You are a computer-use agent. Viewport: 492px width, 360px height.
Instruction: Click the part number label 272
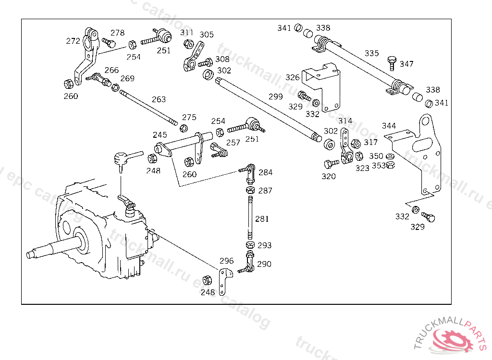pos(73,41)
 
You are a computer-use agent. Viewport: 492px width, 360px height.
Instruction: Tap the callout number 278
pos(117,33)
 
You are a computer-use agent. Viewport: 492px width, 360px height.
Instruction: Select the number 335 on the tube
pos(371,53)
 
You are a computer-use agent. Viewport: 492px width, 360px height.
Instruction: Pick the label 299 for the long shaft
pos(276,96)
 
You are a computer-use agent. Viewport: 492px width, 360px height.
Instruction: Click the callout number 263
pos(159,99)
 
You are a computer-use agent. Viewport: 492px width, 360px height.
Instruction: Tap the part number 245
pos(160,135)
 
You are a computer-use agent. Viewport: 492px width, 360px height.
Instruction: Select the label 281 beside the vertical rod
pos(262,219)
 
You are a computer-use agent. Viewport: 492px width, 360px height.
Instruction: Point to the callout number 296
pos(226,261)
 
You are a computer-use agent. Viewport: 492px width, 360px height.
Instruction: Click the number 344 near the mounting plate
pos(389,126)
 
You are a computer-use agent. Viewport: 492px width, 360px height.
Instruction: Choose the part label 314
pos(345,121)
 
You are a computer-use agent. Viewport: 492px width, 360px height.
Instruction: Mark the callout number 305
pos(207,35)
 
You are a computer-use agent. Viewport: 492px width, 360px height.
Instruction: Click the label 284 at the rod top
pos(265,172)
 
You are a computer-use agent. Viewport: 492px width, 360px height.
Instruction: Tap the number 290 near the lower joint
pos(264,264)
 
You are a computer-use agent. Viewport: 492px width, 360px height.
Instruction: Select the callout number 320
pos(329,176)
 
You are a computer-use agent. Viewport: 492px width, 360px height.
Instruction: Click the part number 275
pos(189,117)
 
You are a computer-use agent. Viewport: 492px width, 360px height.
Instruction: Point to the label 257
pos(233,143)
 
